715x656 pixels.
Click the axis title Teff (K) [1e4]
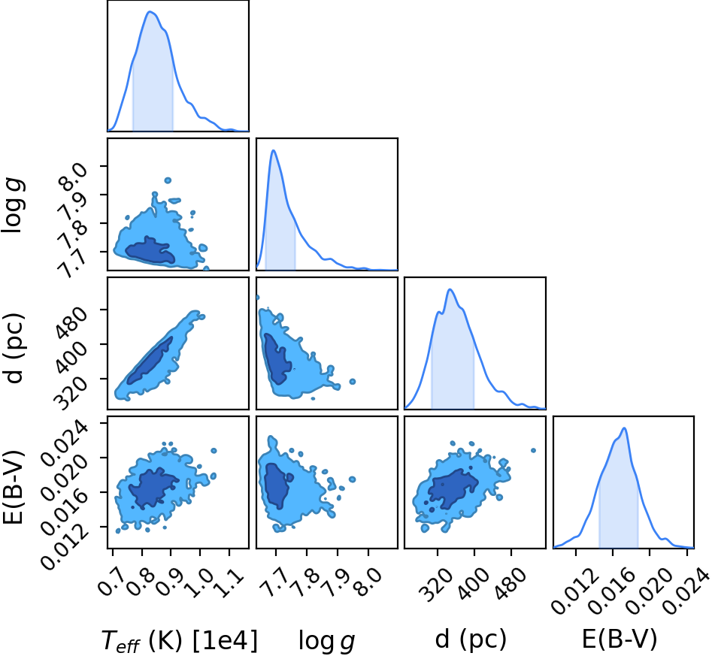[x=179, y=640]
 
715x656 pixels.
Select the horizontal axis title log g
[x=326, y=641]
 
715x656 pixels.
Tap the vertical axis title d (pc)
[x=14, y=348]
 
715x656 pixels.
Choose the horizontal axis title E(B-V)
[x=620, y=639]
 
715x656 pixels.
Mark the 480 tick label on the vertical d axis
[x=70, y=323]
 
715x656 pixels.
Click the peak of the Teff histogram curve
[x=150, y=11]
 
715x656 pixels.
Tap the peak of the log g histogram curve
[x=273, y=150]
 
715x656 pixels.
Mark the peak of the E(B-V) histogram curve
[x=624, y=428]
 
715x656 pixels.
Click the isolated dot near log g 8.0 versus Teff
[x=168, y=180]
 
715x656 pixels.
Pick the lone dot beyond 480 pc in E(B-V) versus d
[x=533, y=450]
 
